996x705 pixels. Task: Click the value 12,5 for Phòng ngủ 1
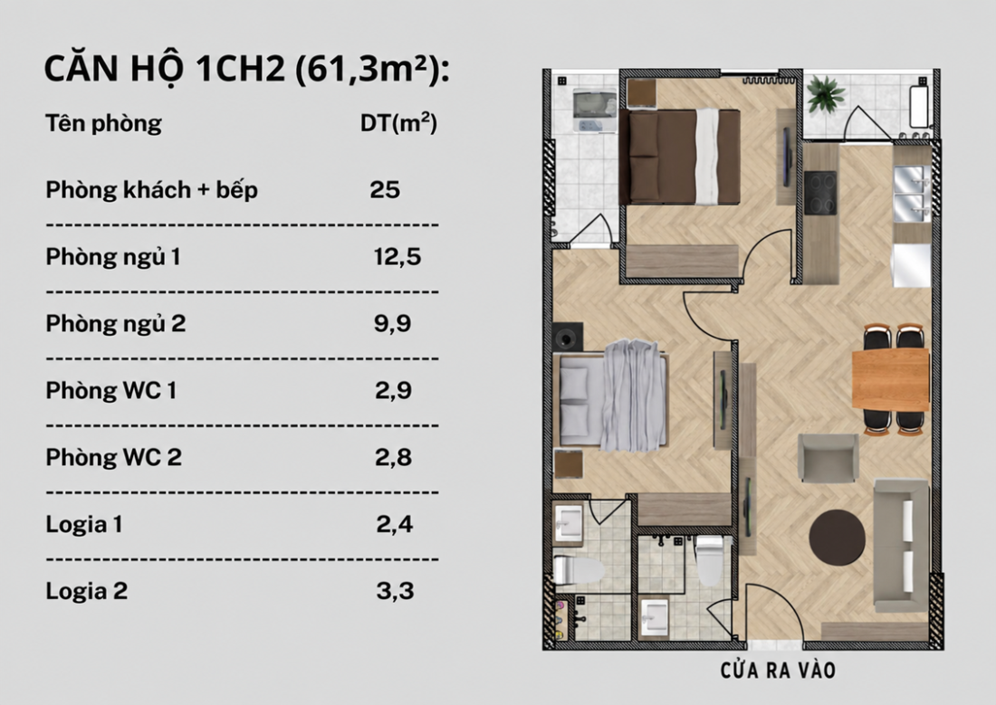[x=397, y=257]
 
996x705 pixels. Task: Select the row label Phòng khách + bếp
[x=152, y=190]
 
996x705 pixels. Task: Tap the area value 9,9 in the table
[x=393, y=323]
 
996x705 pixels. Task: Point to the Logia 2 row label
[x=86, y=591]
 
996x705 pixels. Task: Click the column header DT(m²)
[x=399, y=122]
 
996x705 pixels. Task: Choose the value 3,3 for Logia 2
[x=395, y=591]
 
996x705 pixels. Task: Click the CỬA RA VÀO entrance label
[x=778, y=670]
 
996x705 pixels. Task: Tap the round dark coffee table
[x=838, y=537]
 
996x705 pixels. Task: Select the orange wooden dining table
[x=891, y=379]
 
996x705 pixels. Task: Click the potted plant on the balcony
[x=825, y=95]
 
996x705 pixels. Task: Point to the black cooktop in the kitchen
[x=820, y=193]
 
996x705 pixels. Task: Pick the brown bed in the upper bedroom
[x=680, y=157]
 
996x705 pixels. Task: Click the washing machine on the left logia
[x=595, y=111]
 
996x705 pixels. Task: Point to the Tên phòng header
[x=103, y=123]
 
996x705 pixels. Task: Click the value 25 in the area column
[x=385, y=189]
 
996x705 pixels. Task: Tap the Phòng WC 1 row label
[x=111, y=390]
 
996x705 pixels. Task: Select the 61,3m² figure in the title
[x=369, y=69]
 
